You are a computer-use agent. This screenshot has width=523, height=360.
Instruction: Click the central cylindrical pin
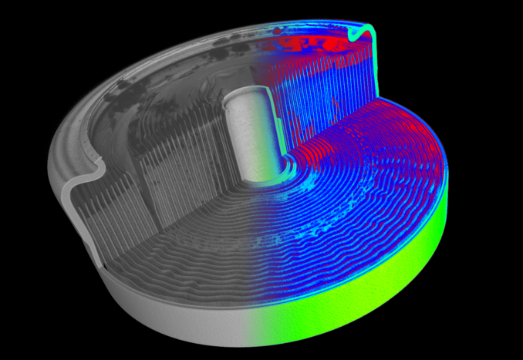pyautogui.click(x=248, y=135)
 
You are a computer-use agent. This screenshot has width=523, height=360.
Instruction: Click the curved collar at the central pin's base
pyautogui.click(x=266, y=177)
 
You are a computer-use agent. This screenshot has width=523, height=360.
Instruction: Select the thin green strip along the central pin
pyautogui.click(x=275, y=127)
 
